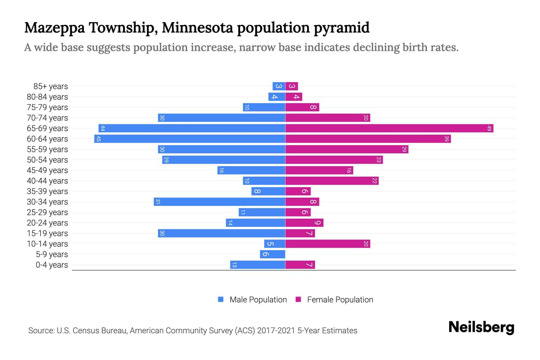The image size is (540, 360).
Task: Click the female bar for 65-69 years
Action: [389, 128]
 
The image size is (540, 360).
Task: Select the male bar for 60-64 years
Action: [190, 139]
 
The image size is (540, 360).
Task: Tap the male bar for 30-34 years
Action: [219, 202]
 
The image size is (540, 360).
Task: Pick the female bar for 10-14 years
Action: [328, 244]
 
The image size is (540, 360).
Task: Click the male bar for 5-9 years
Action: [272, 254]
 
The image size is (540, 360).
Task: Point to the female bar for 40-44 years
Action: [332, 181]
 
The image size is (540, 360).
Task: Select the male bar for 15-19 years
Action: [221, 233]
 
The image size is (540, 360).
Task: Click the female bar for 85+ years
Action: [292, 86]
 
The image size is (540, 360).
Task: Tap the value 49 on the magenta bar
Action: [489, 128]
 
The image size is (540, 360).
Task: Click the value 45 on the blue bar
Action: [98, 139]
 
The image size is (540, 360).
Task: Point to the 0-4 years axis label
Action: [52, 265]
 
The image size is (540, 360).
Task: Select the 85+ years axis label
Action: [50, 86]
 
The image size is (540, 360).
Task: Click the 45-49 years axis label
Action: [47, 170]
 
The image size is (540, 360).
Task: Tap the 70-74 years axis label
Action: [47, 118]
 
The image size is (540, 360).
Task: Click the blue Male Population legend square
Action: [221, 299]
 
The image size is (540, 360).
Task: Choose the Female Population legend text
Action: [340, 300]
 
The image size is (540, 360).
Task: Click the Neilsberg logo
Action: [481, 327]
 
